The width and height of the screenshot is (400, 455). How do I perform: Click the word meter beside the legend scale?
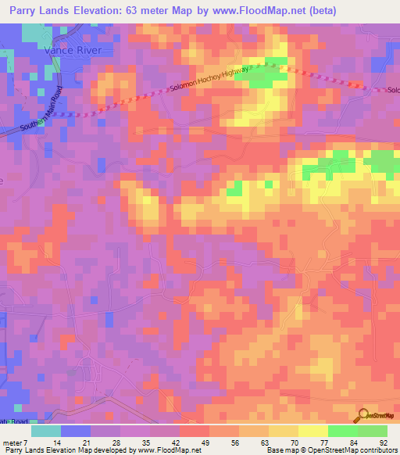coord(16,442)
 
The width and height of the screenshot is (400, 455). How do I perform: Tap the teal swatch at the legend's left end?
coord(46,431)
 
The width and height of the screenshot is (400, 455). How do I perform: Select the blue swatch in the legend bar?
coord(76,431)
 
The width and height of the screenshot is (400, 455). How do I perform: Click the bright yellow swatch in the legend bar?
coord(312,431)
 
